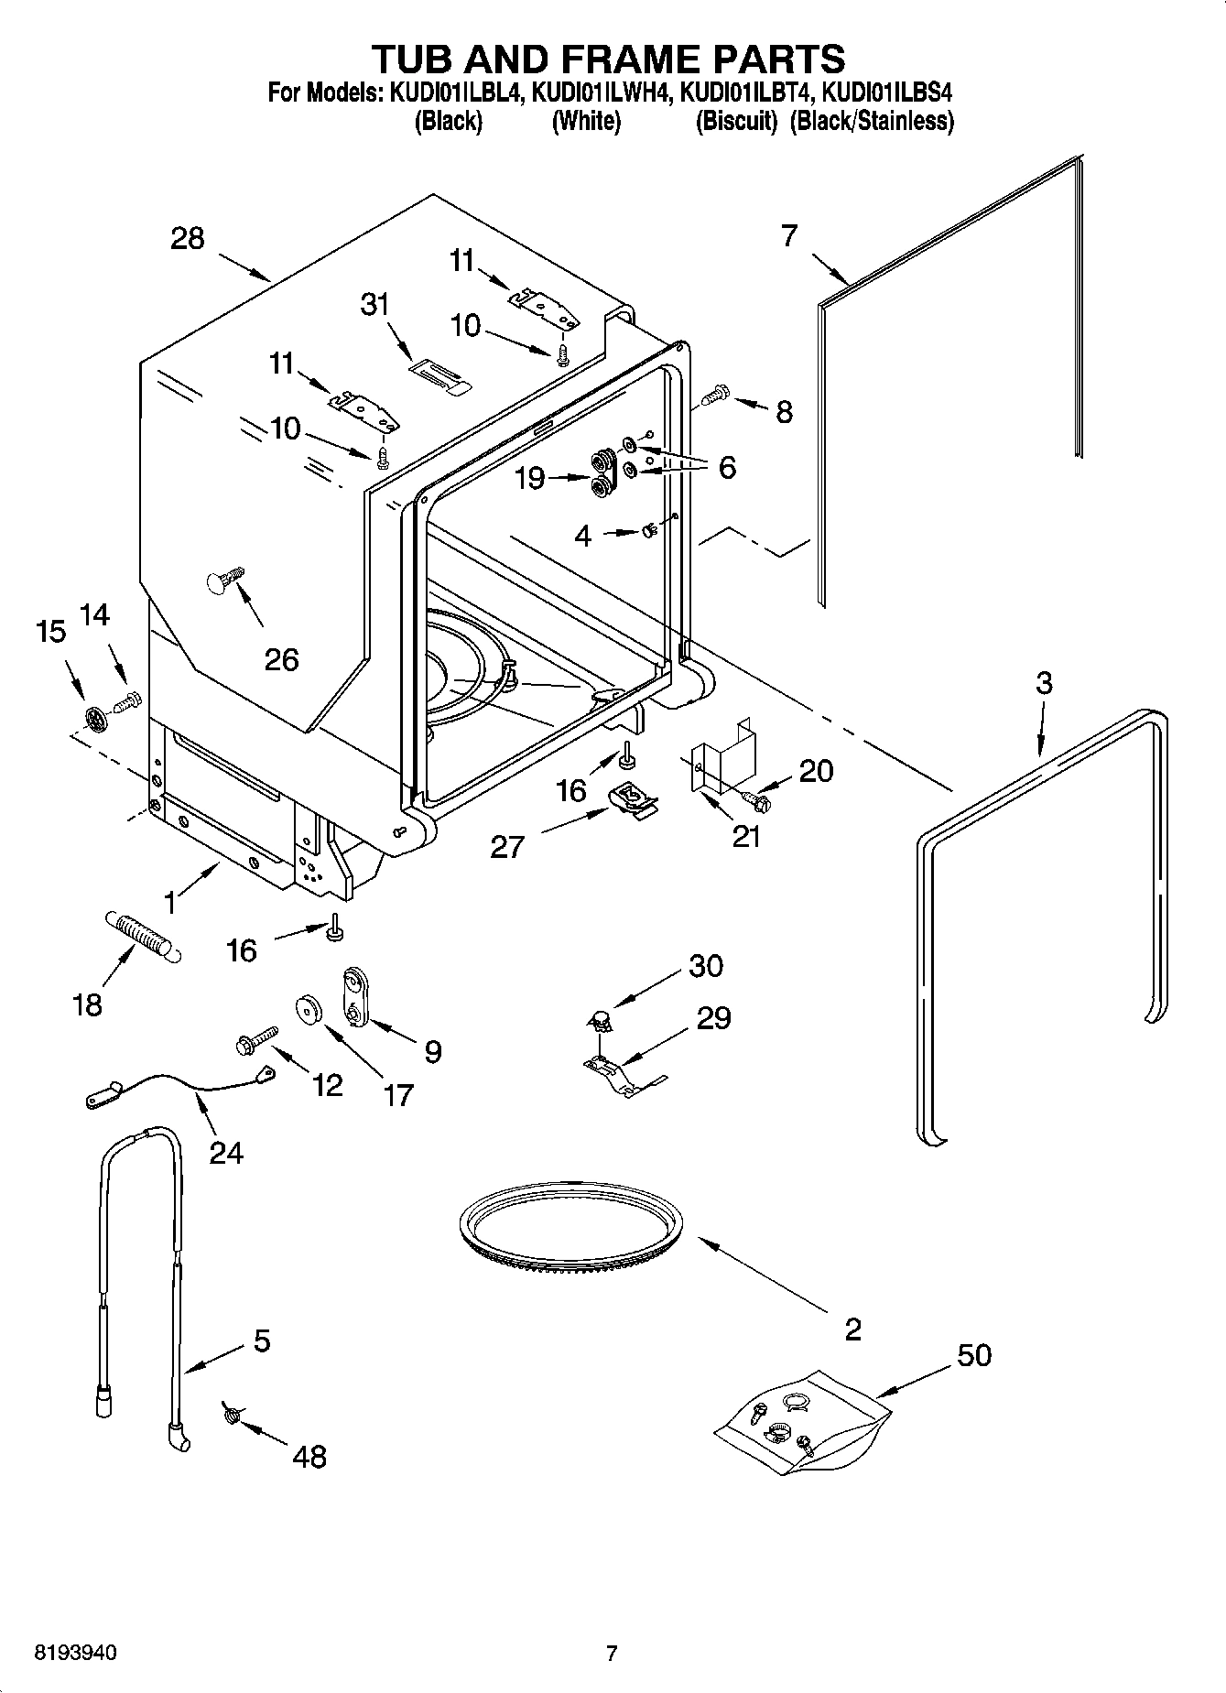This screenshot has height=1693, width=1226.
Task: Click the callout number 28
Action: click(x=188, y=239)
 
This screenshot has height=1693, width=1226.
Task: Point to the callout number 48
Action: click(x=310, y=1456)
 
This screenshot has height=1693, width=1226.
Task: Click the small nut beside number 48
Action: click(x=231, y=1416)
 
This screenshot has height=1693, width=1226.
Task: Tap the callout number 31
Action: click(x=374, y=304)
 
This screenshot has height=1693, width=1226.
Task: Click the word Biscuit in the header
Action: click(x=736, y=121)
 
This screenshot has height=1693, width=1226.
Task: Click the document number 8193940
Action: click(x=75, y=1653)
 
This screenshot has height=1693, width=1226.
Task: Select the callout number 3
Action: click(x=1044, y=682)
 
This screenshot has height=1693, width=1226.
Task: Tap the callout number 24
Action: click(x=226, y=1151)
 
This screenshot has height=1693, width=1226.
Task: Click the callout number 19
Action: click(x=530, y=478)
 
